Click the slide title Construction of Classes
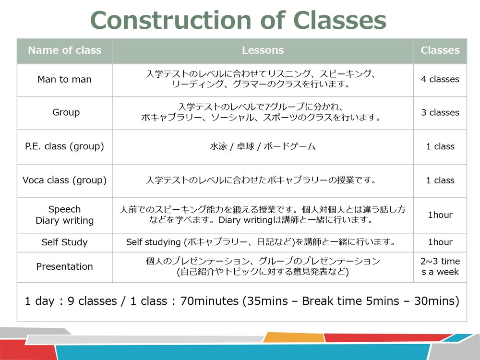pyautogui.click(x=238, y=21)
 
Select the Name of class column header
pyautogui.click(x=64, y=50)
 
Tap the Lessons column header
pyautogui.click(x=263, y=50)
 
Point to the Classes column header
pyautogui.click(x=440, y=50)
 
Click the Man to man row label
pyautogui.click(x=64, y=80)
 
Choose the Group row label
pyautogui.click(x=66, y=113)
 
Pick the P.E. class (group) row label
pyautogui.click(x=64, y=146)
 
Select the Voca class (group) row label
pyautogui.click(x=64, y=180)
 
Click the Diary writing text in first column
pyautogui.click(x=64, y=221)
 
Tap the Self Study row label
pyautogui.click(x=64, y=242)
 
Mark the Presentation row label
pyautogui.click(x=64, y=266)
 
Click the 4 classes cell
pyautogui.click(x=440, y=80)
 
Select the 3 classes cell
pyautogui.click(x=440, y=113)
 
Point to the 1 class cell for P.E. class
pyautogui.click(x=440, y=146)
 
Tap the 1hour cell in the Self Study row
pyautogui.click(x=440, y=242)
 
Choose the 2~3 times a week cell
pyautogui.click(x=440, y=266)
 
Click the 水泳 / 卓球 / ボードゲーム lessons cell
pyautogui.click(x=263, y=146)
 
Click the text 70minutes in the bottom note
pyautogui.click(x=209, y=301)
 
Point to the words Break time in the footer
pyautogui.click(x=331, y=301)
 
